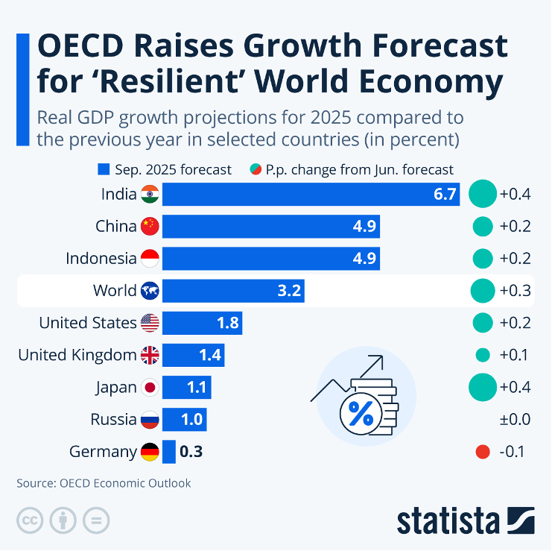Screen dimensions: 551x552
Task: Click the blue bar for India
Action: tap(310, 195)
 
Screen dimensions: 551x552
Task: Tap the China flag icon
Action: tap(150, 227)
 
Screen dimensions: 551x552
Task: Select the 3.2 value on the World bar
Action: tap(289, 291)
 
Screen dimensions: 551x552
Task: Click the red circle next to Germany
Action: tap(482, 451)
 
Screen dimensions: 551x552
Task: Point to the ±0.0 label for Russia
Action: tap(515, 419)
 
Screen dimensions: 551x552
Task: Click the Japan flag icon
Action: tap(150, 387)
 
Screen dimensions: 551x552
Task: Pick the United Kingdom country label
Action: tap(77, 355)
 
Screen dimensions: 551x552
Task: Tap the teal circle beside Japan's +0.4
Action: tap(482, 387)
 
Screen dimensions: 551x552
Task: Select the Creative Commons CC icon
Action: tap(30, 520)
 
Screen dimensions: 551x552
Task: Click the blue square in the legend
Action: tap(104, 169)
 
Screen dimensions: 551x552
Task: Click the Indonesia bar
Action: tap(270, 259)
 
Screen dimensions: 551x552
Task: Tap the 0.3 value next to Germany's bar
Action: tap(191, 451)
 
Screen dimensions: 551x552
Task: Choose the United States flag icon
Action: tap(150, 323)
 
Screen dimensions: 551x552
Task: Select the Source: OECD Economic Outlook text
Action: tap(104, 483)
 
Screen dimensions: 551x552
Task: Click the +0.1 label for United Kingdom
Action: tap(515, 355)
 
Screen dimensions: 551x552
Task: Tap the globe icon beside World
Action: tap(150, 291)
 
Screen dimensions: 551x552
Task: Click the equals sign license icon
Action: tap(96, 520)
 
